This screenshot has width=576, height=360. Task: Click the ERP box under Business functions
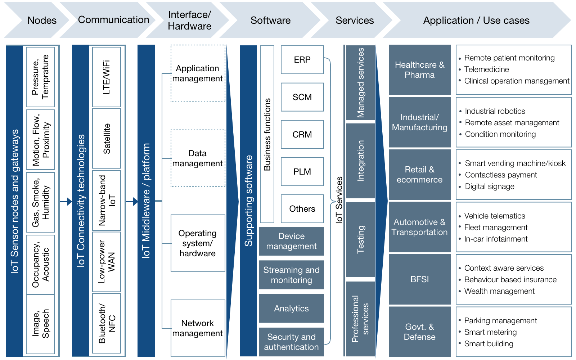302,60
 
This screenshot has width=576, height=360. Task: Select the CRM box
302,134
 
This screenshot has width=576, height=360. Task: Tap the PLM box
302,172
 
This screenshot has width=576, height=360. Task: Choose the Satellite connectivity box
107,139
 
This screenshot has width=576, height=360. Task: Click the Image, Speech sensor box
40,324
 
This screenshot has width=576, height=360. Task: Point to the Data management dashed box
198,158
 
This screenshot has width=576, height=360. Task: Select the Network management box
198,328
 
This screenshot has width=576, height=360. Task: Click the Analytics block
291,309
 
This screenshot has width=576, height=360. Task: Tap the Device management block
291,241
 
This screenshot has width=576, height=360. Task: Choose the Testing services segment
360,239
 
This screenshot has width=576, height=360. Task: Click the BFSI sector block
419,279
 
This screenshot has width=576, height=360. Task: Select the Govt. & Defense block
419,332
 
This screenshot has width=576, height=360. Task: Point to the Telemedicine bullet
486,69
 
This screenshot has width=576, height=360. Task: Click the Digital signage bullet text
490,186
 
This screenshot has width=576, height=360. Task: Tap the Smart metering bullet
490,332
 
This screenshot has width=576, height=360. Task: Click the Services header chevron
354,20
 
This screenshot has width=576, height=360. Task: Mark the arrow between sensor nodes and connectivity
66,202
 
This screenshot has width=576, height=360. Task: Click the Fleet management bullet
496,228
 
